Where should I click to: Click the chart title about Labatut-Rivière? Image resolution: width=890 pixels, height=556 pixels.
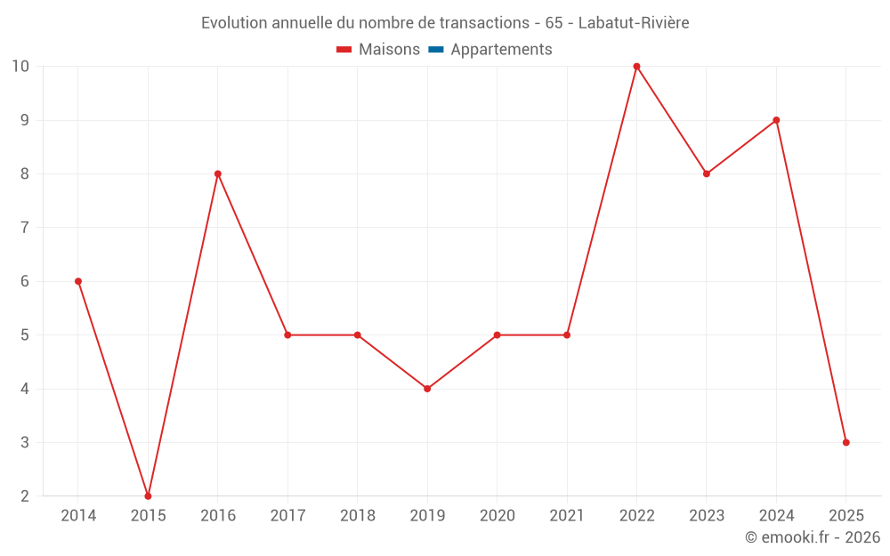pos(445,22)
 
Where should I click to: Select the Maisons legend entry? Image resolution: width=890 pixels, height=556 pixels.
pos(378,50)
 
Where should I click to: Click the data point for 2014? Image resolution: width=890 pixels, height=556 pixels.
pos(78,281)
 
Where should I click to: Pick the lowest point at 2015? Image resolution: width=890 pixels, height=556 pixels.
pos(148,496)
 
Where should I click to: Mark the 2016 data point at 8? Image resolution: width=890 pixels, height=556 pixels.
pos(218,173)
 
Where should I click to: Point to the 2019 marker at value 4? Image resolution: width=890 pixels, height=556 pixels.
pos(427,389)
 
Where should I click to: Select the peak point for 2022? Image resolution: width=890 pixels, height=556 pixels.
pos(636,67)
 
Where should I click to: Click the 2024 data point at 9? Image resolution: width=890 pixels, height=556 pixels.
pos(776,120)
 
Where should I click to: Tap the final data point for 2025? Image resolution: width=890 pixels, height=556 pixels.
pos(845,442)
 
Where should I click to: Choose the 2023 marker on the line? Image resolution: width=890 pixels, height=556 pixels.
pos(707,173)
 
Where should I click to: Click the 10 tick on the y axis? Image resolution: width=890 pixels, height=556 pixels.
pos(20,67)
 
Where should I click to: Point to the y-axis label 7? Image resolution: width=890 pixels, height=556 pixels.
pos(25,228)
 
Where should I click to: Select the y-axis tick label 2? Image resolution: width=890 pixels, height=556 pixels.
pos(25,496)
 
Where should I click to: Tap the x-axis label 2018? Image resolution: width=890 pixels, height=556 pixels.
pos(357,516)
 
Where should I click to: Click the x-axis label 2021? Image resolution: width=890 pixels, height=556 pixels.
pos(567,516)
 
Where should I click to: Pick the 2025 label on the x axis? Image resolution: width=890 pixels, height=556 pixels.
pos(845,516)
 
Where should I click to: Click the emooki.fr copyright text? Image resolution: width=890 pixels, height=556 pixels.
pos(813,537)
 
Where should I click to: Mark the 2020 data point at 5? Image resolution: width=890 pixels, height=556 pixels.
pos(497,335)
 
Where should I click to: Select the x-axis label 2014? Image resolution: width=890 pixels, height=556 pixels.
pos(78,516)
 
